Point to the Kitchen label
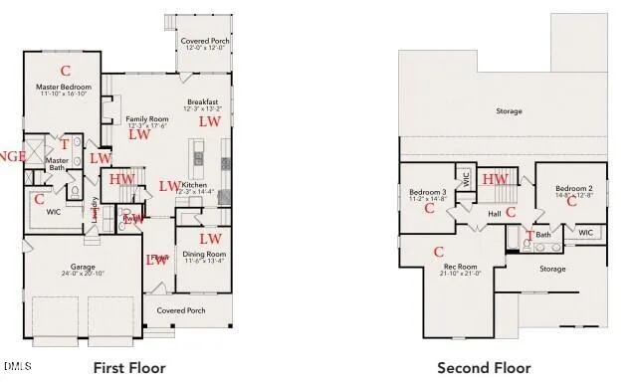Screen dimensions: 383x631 coord(195,185)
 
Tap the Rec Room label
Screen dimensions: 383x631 coord(460,267)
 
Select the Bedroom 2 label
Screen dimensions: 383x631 coord(574,188)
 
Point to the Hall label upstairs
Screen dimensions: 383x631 coord(494,213)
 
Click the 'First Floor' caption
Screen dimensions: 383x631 coord(128,368)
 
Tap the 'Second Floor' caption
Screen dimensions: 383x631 coord(484,368)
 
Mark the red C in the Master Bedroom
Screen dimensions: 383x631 coord(66,71)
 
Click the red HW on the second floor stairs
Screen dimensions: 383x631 coord(495,179)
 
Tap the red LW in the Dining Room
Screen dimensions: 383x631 coord(209,239)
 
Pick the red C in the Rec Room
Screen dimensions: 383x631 coord(438,251)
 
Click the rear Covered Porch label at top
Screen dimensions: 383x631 coord(204,41)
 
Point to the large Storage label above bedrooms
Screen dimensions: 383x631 coord(509,111)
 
